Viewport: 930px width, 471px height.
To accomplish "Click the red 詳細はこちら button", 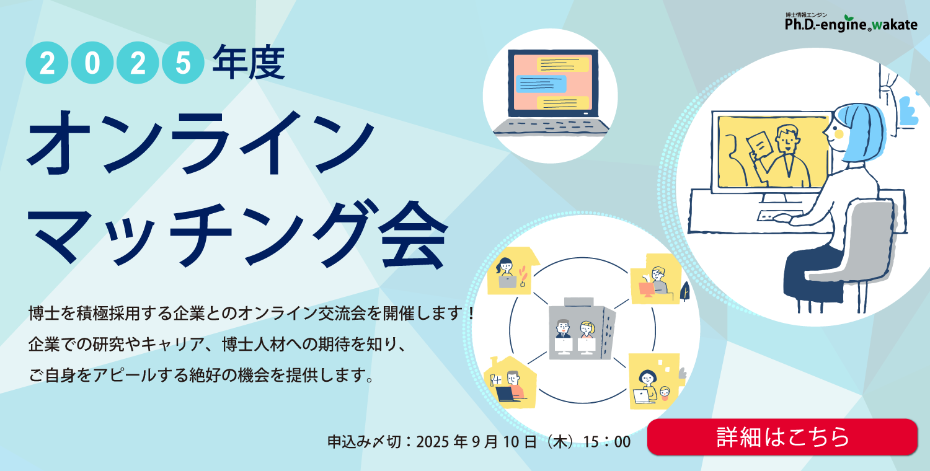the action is (x=782, y=437).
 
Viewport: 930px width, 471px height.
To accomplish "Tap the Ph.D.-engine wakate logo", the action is (x=851, y=22).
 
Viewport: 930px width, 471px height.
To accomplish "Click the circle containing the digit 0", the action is (x=92, y=63).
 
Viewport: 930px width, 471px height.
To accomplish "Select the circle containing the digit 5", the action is (x=183, y=63).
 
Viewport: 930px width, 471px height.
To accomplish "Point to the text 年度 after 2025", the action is (x=249, y=62).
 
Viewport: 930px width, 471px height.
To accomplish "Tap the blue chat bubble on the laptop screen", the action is (x=541, y=84).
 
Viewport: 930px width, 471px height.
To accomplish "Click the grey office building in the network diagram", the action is (x=582, y=328).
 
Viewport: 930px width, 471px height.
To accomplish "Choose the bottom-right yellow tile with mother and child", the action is (x=654, y=381).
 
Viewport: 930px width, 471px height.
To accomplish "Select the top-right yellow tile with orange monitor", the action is (x=656, y=279).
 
